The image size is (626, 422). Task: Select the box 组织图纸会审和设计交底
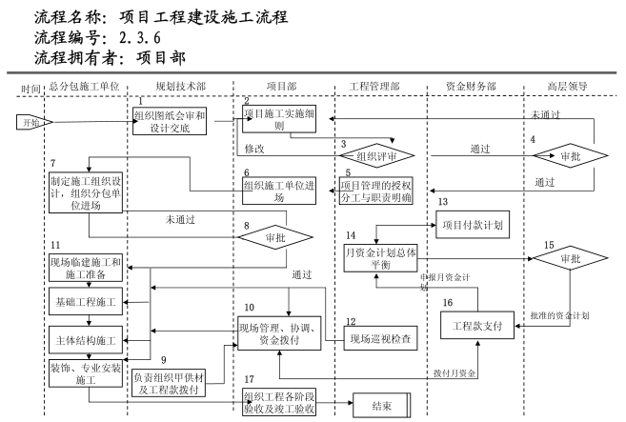click(169, 122)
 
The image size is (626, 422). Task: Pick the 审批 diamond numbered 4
click(569, 154)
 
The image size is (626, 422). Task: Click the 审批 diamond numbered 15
click(569, 258)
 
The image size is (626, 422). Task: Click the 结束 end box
click(387, 406)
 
